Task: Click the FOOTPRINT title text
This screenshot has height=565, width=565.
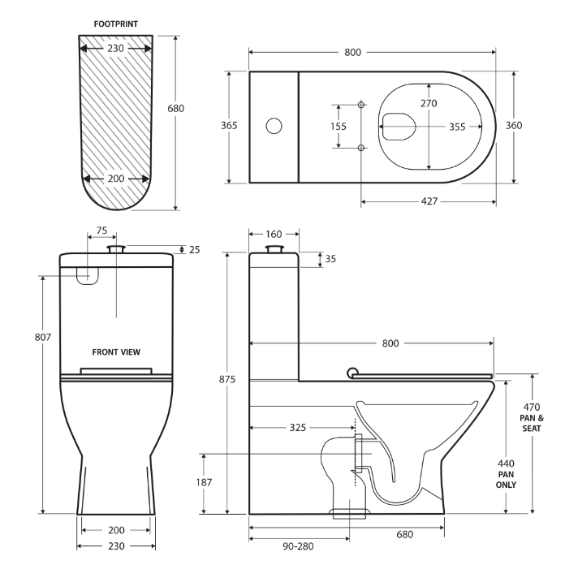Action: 116,24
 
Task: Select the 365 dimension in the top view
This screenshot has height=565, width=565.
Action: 231,126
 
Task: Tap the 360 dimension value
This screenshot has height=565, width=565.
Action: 514,125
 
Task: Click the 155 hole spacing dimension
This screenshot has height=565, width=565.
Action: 339,126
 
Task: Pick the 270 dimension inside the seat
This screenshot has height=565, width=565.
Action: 428,103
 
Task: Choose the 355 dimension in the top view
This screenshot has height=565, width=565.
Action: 456,126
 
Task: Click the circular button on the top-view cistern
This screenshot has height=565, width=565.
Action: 274,126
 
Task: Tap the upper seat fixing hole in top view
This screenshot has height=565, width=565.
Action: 361,105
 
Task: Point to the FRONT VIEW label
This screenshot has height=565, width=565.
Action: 116,352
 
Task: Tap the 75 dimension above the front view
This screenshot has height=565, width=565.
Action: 101,231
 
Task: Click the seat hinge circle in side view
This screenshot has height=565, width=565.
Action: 351,372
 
